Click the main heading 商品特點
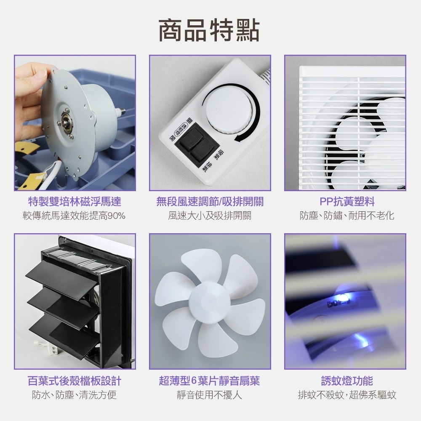209,30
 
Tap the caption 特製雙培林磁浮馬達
75,202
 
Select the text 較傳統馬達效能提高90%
75,216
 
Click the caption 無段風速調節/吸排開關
210,202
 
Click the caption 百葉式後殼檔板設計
75,381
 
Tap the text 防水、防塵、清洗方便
75,395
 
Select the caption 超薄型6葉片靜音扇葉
210,381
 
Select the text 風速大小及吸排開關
210,216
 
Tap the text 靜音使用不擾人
210,395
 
